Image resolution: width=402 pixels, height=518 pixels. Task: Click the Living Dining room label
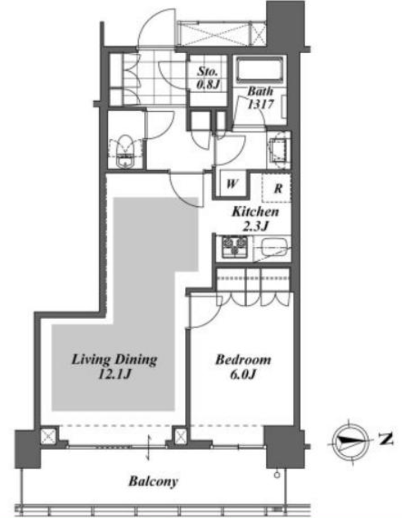tap(114, 360)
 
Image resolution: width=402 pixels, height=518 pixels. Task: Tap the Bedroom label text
tap(243, 360)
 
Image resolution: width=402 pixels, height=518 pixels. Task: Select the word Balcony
tap(153, 482)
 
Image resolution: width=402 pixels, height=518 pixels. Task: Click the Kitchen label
tap(255, 211)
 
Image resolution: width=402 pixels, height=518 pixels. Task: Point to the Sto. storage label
tap(208, 71)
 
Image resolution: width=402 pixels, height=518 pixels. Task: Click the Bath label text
tap(260, 91)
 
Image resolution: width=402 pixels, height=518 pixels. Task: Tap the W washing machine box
tap(232, 184)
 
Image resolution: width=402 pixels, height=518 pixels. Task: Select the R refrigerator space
tap(277, 188)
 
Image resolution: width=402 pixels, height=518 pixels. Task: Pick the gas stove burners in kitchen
tap(235, 246)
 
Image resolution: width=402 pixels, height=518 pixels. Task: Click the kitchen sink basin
tap(274, 247)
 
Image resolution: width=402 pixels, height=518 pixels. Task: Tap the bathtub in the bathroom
tap(260, 70)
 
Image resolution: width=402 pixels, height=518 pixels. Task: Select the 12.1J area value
tap(115, 374)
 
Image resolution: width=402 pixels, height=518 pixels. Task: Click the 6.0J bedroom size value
tap(243, 374)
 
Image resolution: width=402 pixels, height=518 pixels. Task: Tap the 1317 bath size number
tap(261, 104)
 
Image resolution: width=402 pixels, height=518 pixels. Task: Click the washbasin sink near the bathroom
tap(278, 150)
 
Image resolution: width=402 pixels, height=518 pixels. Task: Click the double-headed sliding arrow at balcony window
tap(148, 447)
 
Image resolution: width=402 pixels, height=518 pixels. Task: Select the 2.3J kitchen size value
tap(255, 226)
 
